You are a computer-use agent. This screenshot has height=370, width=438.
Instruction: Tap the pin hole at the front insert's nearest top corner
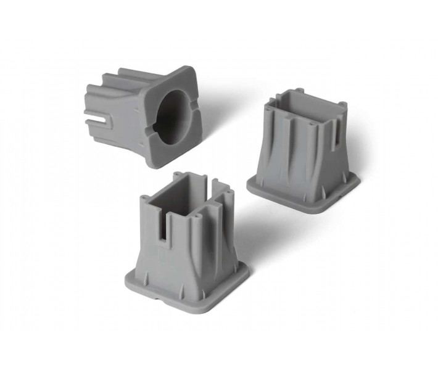pyautogui.click(x=198, y=216)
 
